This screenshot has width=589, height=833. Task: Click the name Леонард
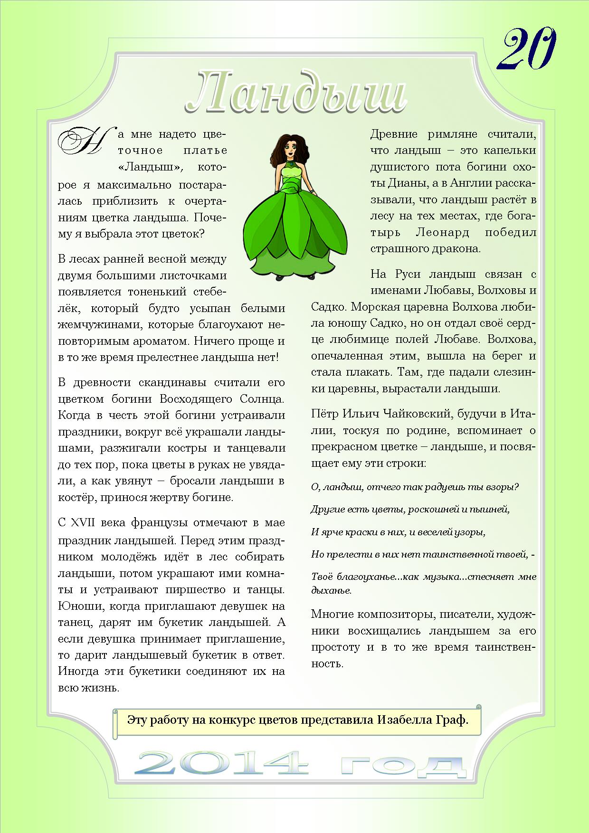click(442, 233)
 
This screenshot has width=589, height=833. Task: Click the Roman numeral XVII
click(83, 523)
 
